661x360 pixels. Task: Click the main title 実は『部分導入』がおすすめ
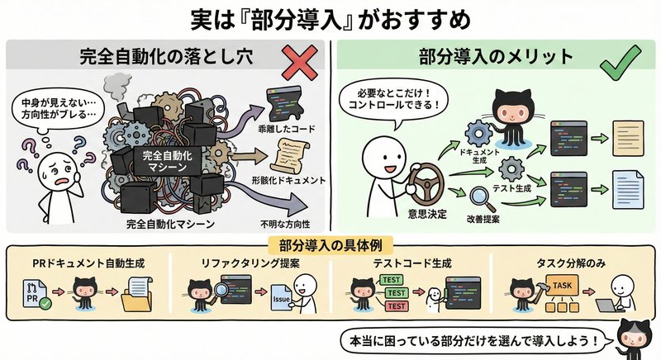[x=330, y=18]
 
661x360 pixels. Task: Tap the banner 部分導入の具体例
[x=330, y=245]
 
